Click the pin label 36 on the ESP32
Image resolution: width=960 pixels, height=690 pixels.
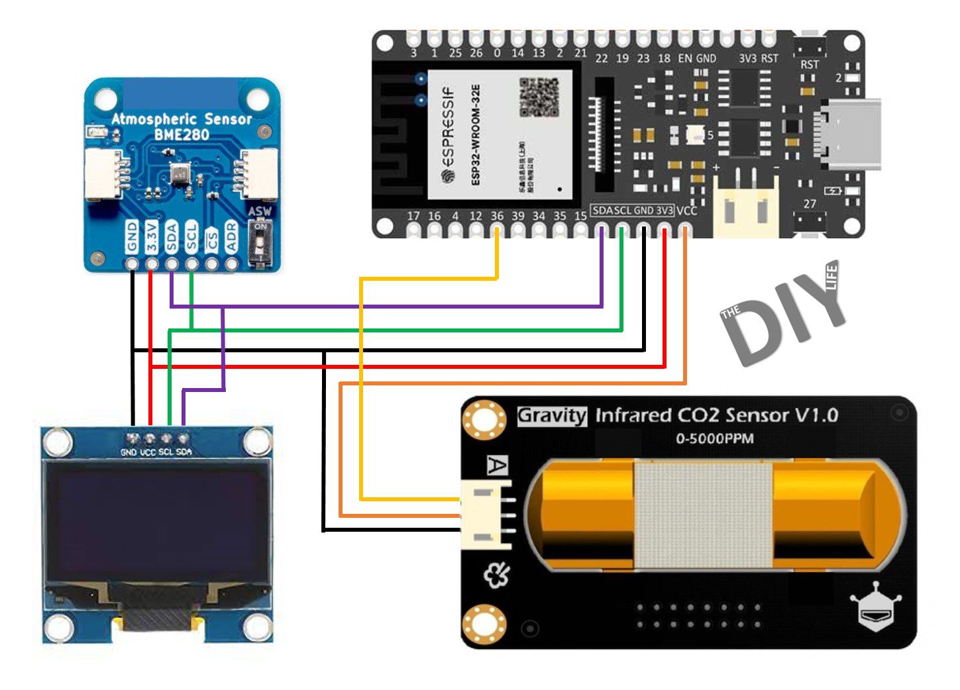[497, 216]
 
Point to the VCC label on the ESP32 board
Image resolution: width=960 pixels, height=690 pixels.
[687, 211]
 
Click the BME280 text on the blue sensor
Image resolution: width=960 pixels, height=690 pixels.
[182, 134]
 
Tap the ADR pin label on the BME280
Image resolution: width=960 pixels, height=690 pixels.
[231, 236]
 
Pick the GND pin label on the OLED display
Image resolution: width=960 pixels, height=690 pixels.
[129, 452]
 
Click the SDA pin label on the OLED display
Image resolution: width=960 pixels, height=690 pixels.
[184, 452]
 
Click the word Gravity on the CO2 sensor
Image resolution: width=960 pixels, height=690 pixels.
[552, 416]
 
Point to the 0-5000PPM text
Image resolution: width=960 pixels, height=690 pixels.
[714, 438]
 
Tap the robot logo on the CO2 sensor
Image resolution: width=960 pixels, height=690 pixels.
[875, 607]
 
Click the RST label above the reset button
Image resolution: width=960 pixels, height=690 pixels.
[810, 64]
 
